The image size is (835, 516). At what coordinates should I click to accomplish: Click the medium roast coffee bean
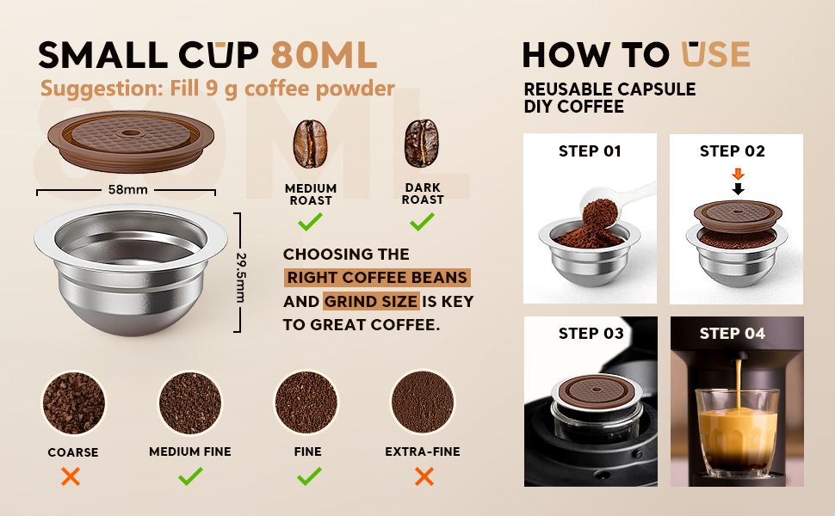pos(310,144)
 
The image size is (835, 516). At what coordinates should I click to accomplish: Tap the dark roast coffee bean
pos(422,143)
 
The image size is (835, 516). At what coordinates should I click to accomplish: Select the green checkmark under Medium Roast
pos(310,221)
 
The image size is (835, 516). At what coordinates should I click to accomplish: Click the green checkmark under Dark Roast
pos(422,221)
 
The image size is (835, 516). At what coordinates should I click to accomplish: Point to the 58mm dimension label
pos(127,189)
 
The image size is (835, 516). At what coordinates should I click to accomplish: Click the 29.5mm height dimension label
pos(241,278)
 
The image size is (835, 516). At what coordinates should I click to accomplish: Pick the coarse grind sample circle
pos(73,402)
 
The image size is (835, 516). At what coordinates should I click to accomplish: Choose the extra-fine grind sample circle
pos(423,402)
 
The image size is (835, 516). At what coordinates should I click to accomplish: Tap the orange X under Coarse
pos(71,476)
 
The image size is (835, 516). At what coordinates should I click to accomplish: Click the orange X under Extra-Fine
pos(424,476)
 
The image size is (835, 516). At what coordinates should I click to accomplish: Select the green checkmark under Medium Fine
pos(190,476)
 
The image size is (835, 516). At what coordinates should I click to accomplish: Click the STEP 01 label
pos(590,151)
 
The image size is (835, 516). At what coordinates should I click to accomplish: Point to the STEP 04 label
pos(733,334)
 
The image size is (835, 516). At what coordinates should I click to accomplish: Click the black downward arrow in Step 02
pos(738,189)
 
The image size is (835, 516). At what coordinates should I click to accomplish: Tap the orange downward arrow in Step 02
pos(738,174)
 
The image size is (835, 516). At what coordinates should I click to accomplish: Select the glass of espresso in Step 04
pos(738,432)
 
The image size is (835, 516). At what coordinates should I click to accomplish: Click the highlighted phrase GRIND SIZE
pos(371,302)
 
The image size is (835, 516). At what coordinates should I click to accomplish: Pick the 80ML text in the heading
pos(325,55)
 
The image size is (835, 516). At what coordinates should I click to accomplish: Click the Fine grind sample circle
pos(306,402)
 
